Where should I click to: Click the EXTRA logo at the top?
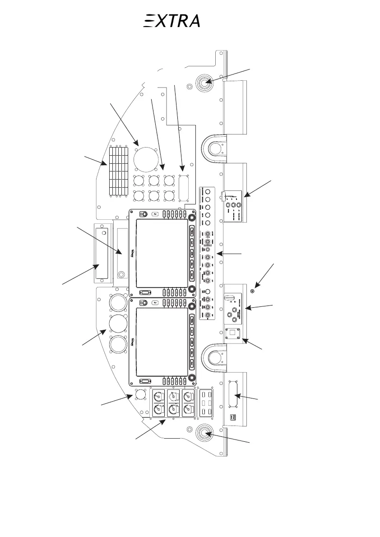tap(171, 21)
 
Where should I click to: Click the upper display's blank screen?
tap(161, 254)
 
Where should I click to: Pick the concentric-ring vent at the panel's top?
tap(203, 83)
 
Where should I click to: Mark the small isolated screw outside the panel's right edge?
tap(252, 292)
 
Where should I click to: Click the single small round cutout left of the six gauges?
tap(140, 395)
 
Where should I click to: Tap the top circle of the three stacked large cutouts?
tap(118, 302)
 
